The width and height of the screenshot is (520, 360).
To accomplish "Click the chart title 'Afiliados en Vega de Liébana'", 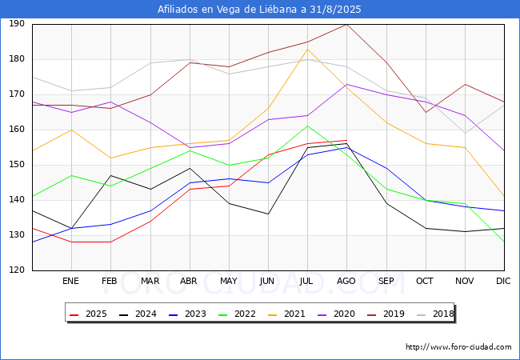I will (x=260, y=10).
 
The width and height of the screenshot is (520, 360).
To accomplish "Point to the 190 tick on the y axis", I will (x=16, y=24).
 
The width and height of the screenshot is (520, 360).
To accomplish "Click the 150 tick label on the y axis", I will (x=16, y=165).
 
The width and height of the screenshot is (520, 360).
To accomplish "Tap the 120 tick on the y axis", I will (x=16, y=270).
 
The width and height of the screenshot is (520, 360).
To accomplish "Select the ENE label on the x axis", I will (x=71, y=281).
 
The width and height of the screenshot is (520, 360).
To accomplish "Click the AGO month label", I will (x=346, y=281).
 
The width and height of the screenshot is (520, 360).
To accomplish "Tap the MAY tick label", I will (x=229, y=281).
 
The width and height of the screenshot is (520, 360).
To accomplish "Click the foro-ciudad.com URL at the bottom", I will (x=458, y=347).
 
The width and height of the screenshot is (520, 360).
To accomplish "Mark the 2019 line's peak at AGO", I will (x=346, y=24).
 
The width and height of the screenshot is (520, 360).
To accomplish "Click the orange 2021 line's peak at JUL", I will (x=307, y=49).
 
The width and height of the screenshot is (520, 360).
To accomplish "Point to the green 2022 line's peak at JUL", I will (x=307, y=126).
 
